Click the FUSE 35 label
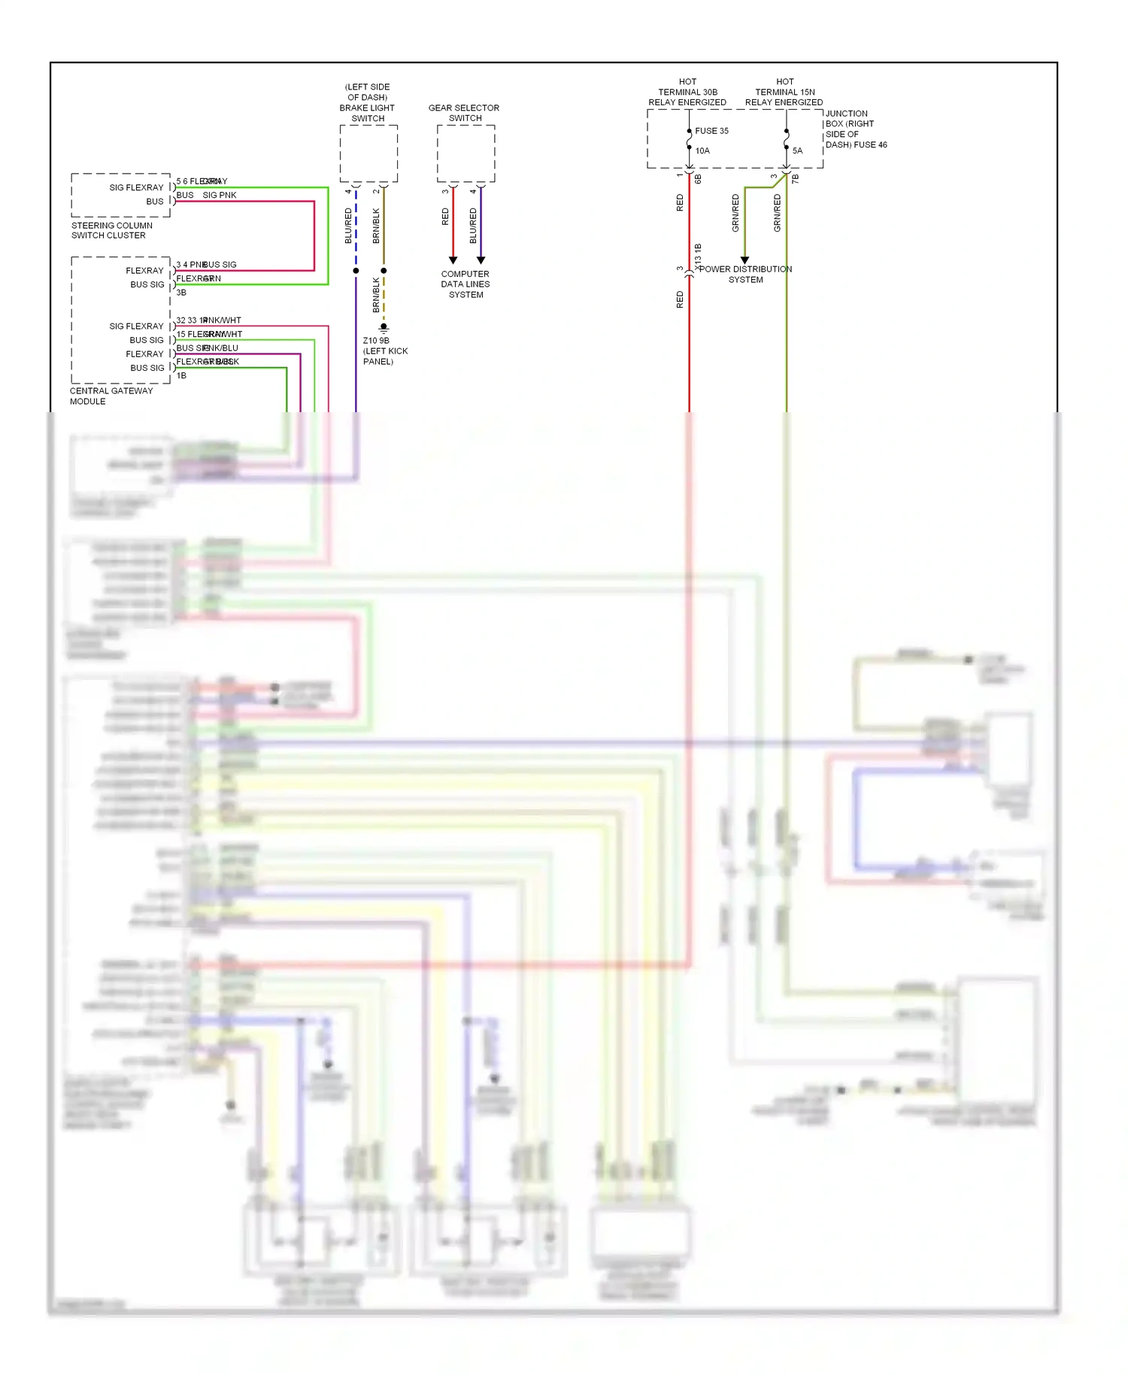(711, 131)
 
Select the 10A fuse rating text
(702, 151)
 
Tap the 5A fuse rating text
(797, 151)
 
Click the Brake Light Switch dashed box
(368, 153)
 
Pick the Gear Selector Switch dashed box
(465, 153)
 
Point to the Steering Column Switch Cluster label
(111, 230)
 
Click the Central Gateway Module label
(111, 396)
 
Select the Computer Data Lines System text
(465, 284)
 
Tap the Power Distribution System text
(745, 275)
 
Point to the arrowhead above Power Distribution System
(744, 260)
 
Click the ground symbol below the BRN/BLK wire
(384, 329)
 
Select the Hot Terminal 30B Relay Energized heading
(687, 92)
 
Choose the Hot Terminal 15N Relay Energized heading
(784, 92)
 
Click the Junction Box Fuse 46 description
(856, 129)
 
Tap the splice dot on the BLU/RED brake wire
(356, 271)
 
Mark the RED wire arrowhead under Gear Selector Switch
(453, 260)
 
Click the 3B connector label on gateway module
(181, 293)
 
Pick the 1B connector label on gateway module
(181, 375)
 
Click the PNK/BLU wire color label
(221, 348)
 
